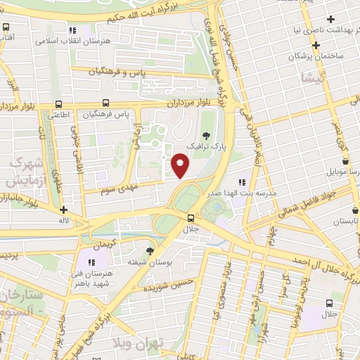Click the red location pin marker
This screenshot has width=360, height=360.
click(x=181, y=166)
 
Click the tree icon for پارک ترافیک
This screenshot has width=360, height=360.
click(x=207, y=136)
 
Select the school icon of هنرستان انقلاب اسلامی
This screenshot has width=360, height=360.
click(x=73, y=30)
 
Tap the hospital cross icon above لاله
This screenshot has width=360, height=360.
click(x=63, y=210)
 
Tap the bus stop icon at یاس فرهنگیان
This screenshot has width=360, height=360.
click(x=105, y=103)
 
